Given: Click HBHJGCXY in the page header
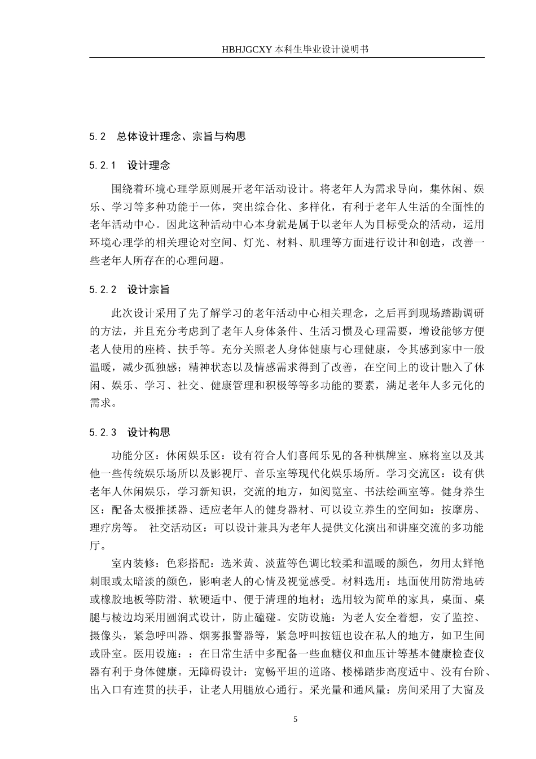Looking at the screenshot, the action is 248,50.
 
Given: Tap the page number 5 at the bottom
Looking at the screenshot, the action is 295,719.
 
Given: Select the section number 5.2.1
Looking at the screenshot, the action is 102,165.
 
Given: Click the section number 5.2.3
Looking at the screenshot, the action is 102,433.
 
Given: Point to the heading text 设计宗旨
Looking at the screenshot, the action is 148,290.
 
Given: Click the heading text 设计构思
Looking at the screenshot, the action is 148,433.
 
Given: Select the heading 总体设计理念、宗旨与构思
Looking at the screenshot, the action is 181,136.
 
